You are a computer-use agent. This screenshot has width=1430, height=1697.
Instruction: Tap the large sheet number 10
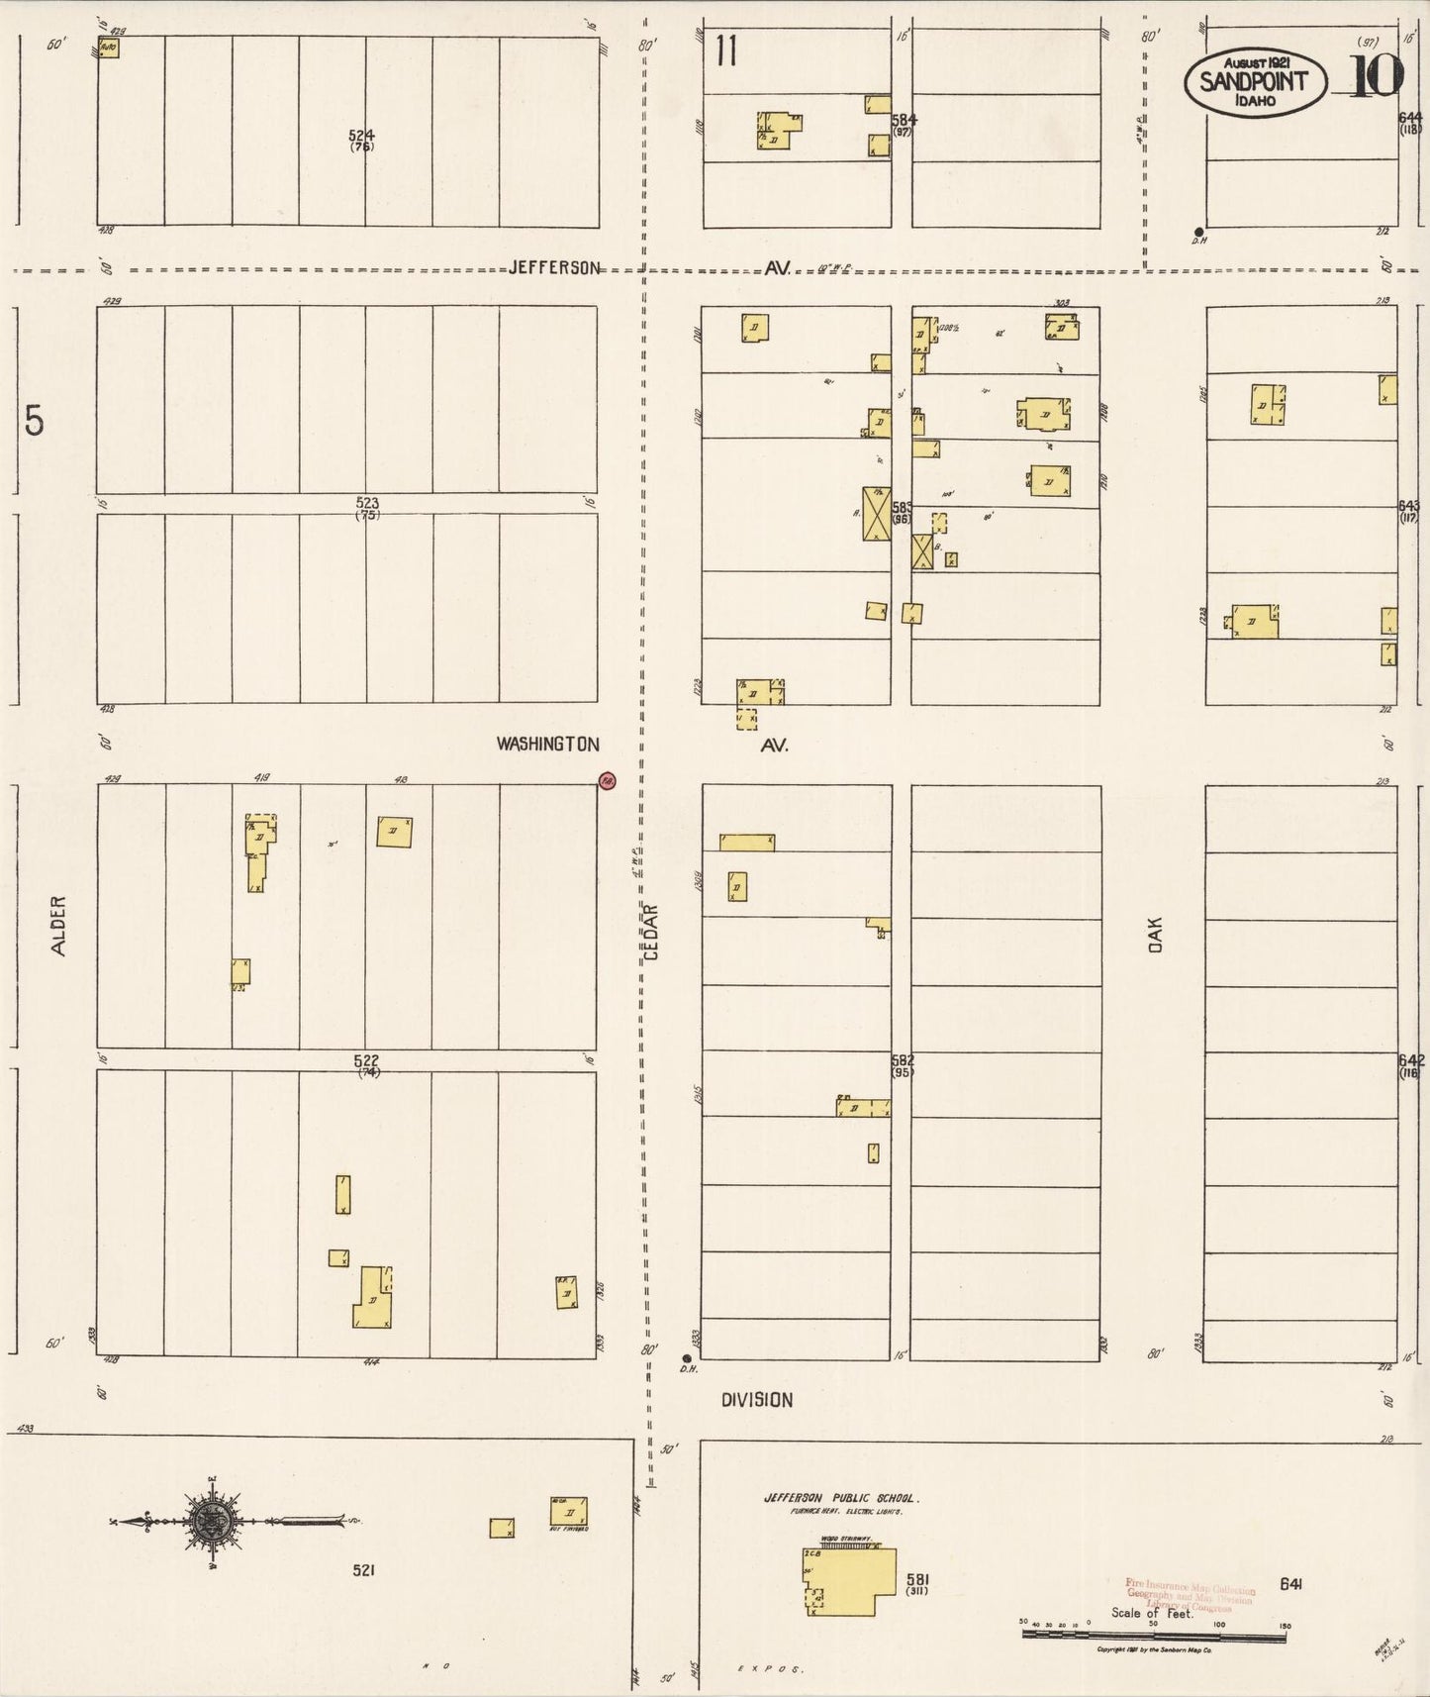(1376, 75)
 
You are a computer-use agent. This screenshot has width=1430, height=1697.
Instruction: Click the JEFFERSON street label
(554, 267)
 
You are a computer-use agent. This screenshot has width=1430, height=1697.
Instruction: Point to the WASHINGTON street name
(548, 744)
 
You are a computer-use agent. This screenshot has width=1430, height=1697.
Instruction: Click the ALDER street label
(59, 926)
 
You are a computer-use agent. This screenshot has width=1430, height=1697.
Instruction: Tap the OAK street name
(1155, 935)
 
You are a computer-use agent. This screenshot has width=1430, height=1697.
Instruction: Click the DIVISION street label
(756, 1399)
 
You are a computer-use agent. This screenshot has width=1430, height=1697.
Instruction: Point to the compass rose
(210, 1521)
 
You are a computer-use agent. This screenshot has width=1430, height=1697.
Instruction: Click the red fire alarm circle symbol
(608, 780)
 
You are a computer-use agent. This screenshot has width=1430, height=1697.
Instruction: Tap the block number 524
(361, 135)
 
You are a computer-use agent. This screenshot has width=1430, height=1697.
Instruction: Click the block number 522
(366, 1060)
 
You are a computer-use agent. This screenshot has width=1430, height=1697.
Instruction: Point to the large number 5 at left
(35, 422)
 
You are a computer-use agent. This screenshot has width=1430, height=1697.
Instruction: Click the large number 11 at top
(727, 51)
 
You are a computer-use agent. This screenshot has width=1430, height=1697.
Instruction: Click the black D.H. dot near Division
(686, 1357)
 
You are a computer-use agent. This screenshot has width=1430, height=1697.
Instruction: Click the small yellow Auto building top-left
(109, 47)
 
